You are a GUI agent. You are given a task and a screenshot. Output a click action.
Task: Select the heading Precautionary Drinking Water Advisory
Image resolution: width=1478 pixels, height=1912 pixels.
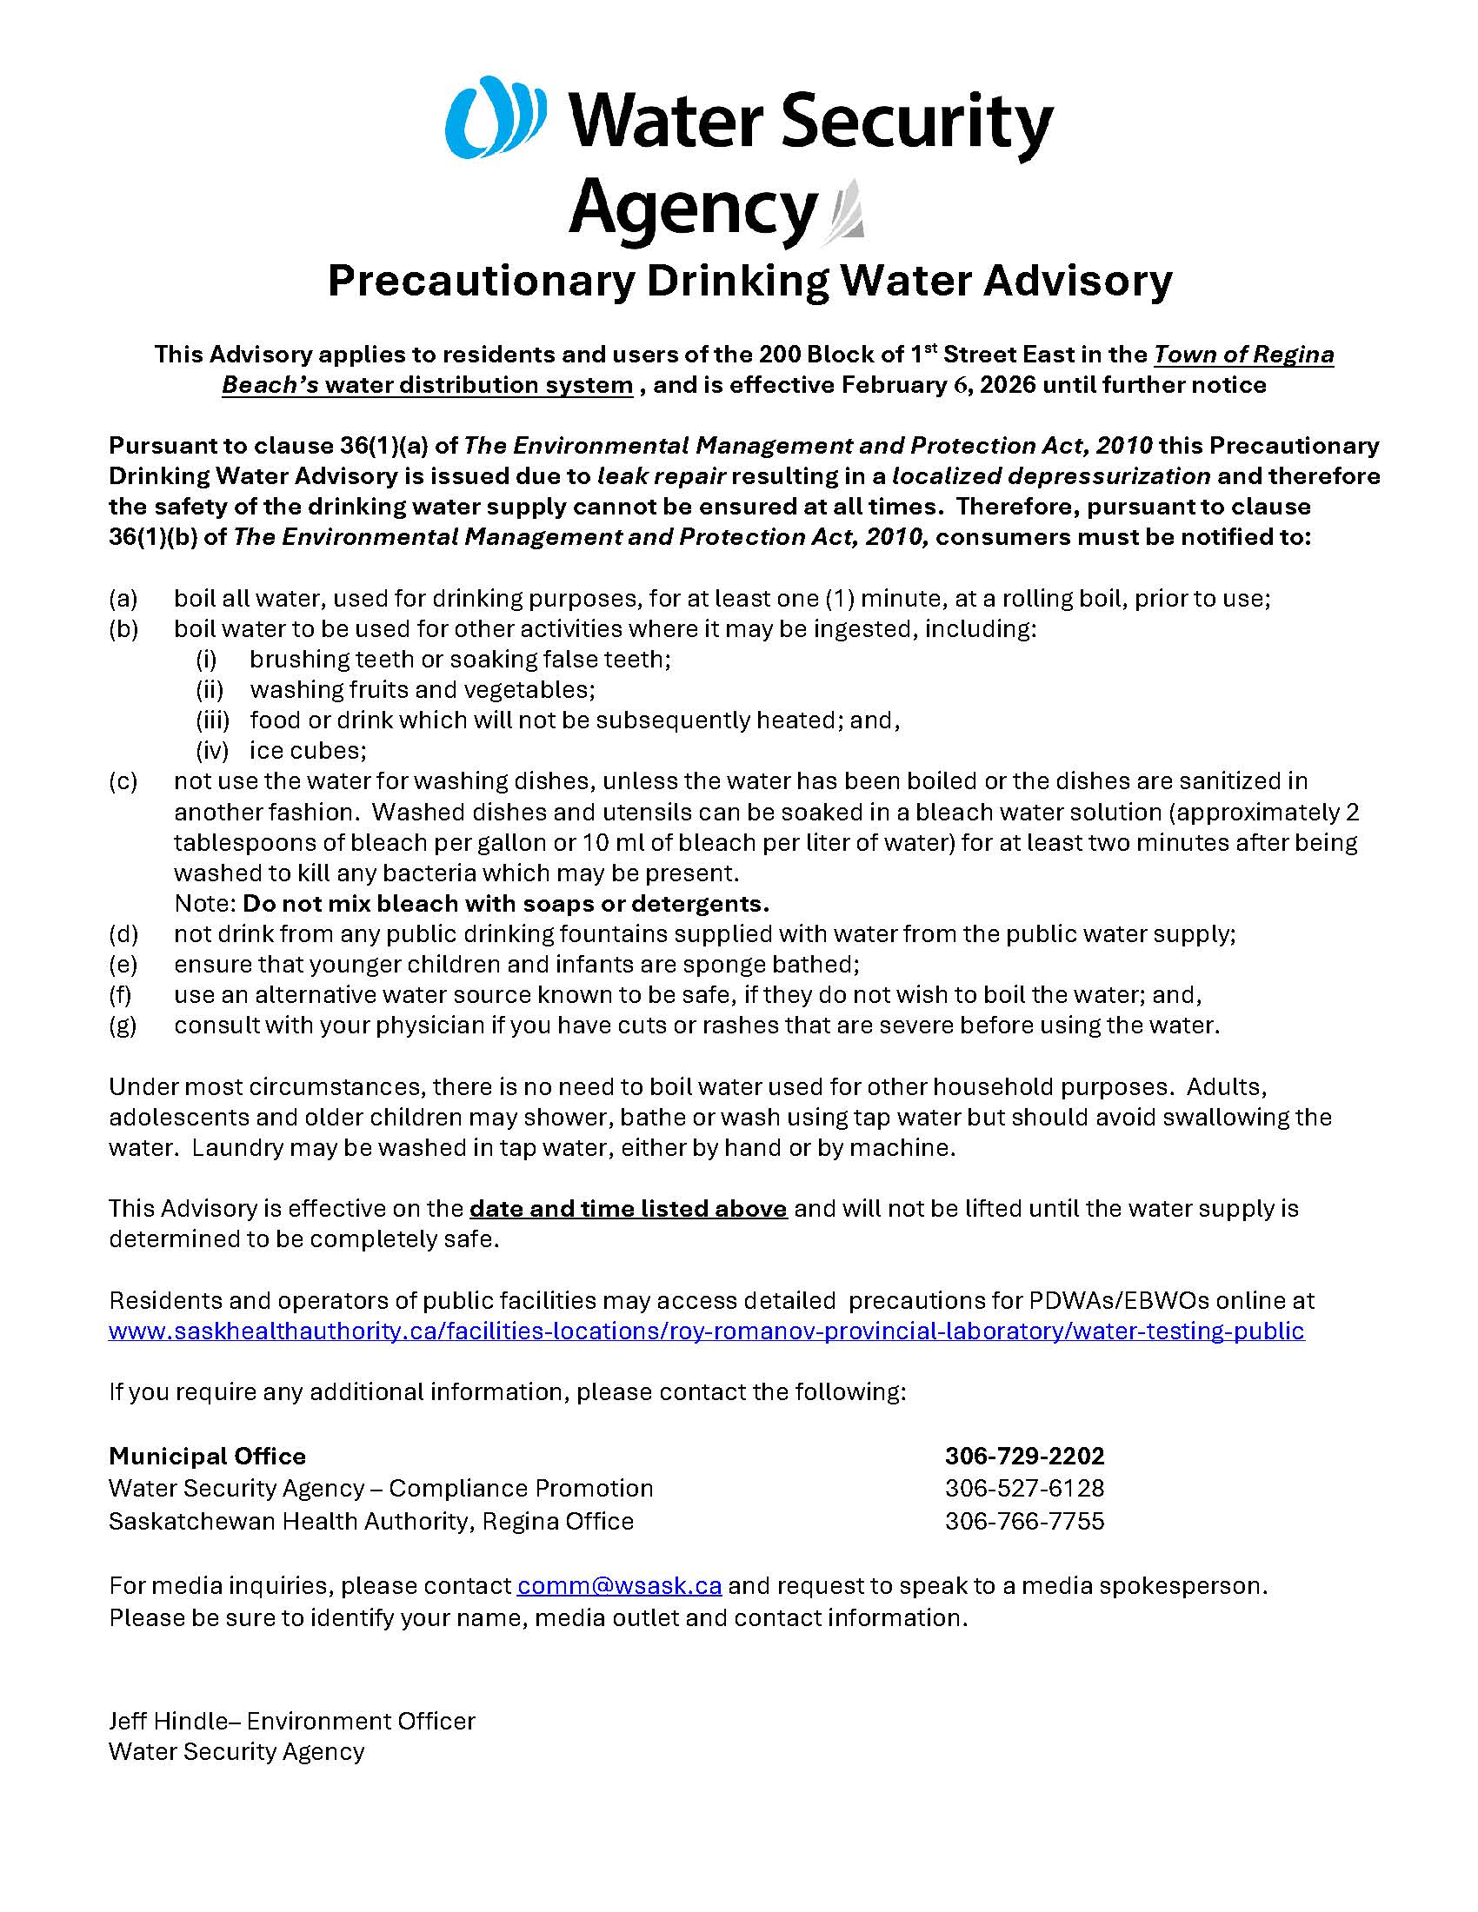point(749,281)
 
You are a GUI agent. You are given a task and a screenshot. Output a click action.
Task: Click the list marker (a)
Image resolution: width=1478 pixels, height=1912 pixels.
point(123,599)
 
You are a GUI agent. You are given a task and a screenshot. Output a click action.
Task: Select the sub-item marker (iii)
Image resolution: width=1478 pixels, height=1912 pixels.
point(212,720)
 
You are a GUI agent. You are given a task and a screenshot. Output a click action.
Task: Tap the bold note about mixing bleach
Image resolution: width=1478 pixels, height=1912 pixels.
point(505,904)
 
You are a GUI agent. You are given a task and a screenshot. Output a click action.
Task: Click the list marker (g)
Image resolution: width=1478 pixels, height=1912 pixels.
point(123,1026)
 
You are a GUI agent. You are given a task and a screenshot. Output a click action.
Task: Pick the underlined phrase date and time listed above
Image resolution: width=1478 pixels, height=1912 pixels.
point(628,1209)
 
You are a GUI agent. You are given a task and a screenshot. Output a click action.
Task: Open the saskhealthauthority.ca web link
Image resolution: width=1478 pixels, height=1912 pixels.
point(706,1331)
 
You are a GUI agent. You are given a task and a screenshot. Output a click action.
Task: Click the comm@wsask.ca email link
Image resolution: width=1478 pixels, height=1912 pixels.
point(619,1586)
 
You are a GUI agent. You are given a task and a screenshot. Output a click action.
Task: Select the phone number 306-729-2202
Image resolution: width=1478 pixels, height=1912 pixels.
point(1023,1457)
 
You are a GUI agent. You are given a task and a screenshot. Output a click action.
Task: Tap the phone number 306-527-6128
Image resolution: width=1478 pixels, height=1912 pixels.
point(1023,1488)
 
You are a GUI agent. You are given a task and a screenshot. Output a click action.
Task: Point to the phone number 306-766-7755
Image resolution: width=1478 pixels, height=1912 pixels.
point(1023,1521)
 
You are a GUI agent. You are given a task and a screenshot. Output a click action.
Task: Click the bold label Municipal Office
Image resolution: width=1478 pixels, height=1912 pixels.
point(208,1457)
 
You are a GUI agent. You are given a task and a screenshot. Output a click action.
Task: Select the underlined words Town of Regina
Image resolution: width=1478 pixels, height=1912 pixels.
point(1243,355)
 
